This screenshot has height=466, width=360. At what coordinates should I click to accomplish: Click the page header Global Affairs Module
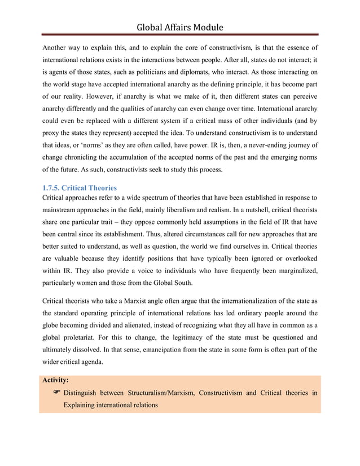click(180, 27)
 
